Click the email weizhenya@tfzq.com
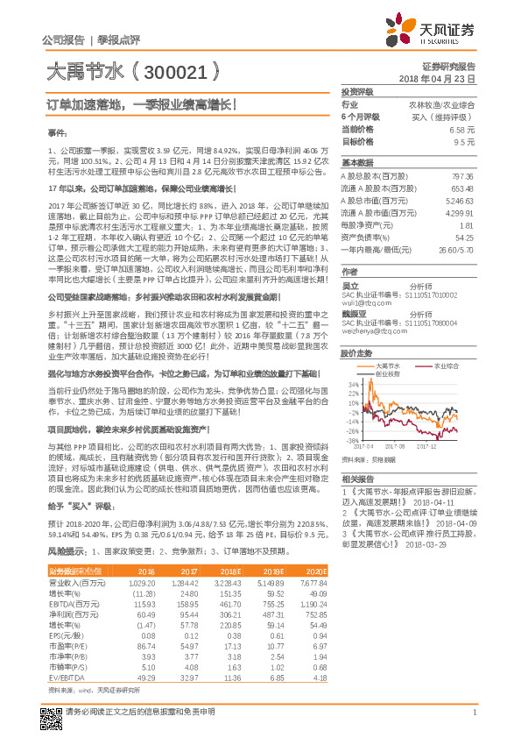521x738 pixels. click(x=373, y=332)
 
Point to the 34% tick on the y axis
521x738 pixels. click(x=352, y=384)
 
